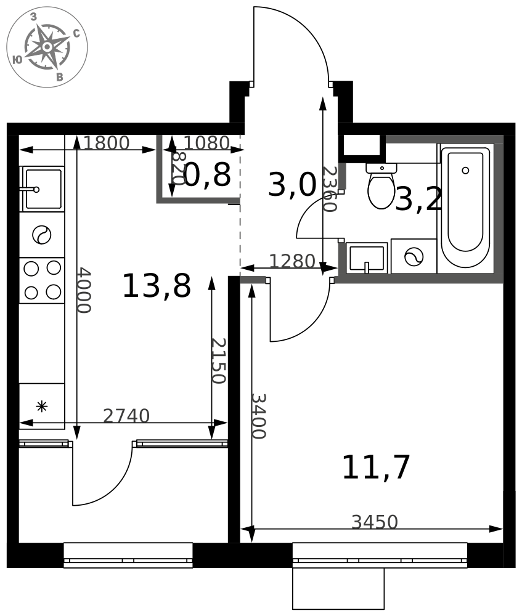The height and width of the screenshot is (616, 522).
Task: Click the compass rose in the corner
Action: click(47, 47)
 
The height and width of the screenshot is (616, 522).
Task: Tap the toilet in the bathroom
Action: click(381, 186)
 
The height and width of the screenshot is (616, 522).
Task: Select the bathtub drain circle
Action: click(465, 171)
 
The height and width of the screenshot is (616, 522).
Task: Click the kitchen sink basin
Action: click(43, 189)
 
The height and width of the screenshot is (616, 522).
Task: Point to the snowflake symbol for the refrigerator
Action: click(41, 406)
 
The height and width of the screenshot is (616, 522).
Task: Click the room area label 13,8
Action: click(157, 286)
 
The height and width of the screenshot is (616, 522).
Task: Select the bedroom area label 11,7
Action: click(376, 467)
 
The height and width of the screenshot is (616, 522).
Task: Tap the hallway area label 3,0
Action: click(292, 185)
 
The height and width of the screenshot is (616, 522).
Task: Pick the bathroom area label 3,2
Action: click(418, 199)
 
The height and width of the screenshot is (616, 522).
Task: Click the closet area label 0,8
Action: click(206, 175)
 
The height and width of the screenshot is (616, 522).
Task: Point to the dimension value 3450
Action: click(375, 522)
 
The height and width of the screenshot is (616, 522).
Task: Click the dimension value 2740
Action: click(126, 416)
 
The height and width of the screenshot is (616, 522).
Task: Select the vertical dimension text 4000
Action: click(84, 290)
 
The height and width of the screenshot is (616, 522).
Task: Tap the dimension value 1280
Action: click(292, 261)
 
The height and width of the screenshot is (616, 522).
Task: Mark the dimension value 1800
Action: click(106, 143)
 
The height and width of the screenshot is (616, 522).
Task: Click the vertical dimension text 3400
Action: click(259, 416)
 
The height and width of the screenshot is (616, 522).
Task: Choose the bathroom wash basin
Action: click(366, 258)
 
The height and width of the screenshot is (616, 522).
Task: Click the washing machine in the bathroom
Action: click(414, 256)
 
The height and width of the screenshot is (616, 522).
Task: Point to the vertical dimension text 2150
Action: click(219, 360)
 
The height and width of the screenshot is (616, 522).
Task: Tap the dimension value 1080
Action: click(206, 143)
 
